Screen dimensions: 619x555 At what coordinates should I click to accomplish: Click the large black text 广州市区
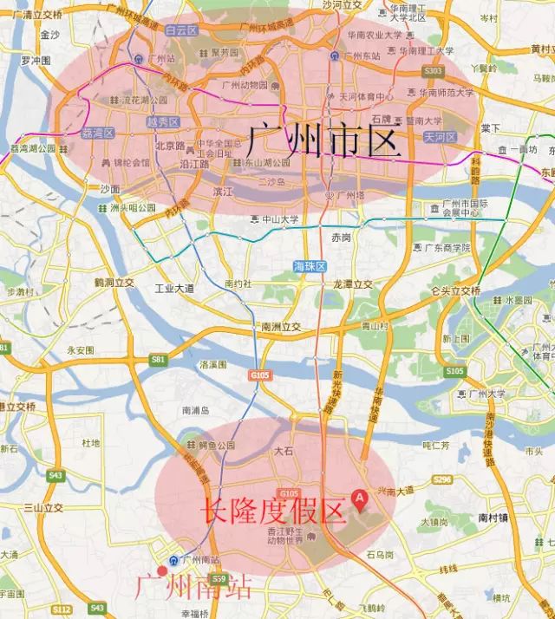pos(323,138)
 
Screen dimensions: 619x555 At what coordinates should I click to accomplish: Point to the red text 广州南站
pos(193,587)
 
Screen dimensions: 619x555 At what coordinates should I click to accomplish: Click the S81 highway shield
pos(157,358)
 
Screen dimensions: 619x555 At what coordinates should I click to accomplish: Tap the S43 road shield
pos(55,475)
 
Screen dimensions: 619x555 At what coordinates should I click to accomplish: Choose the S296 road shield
pos(442,479)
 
